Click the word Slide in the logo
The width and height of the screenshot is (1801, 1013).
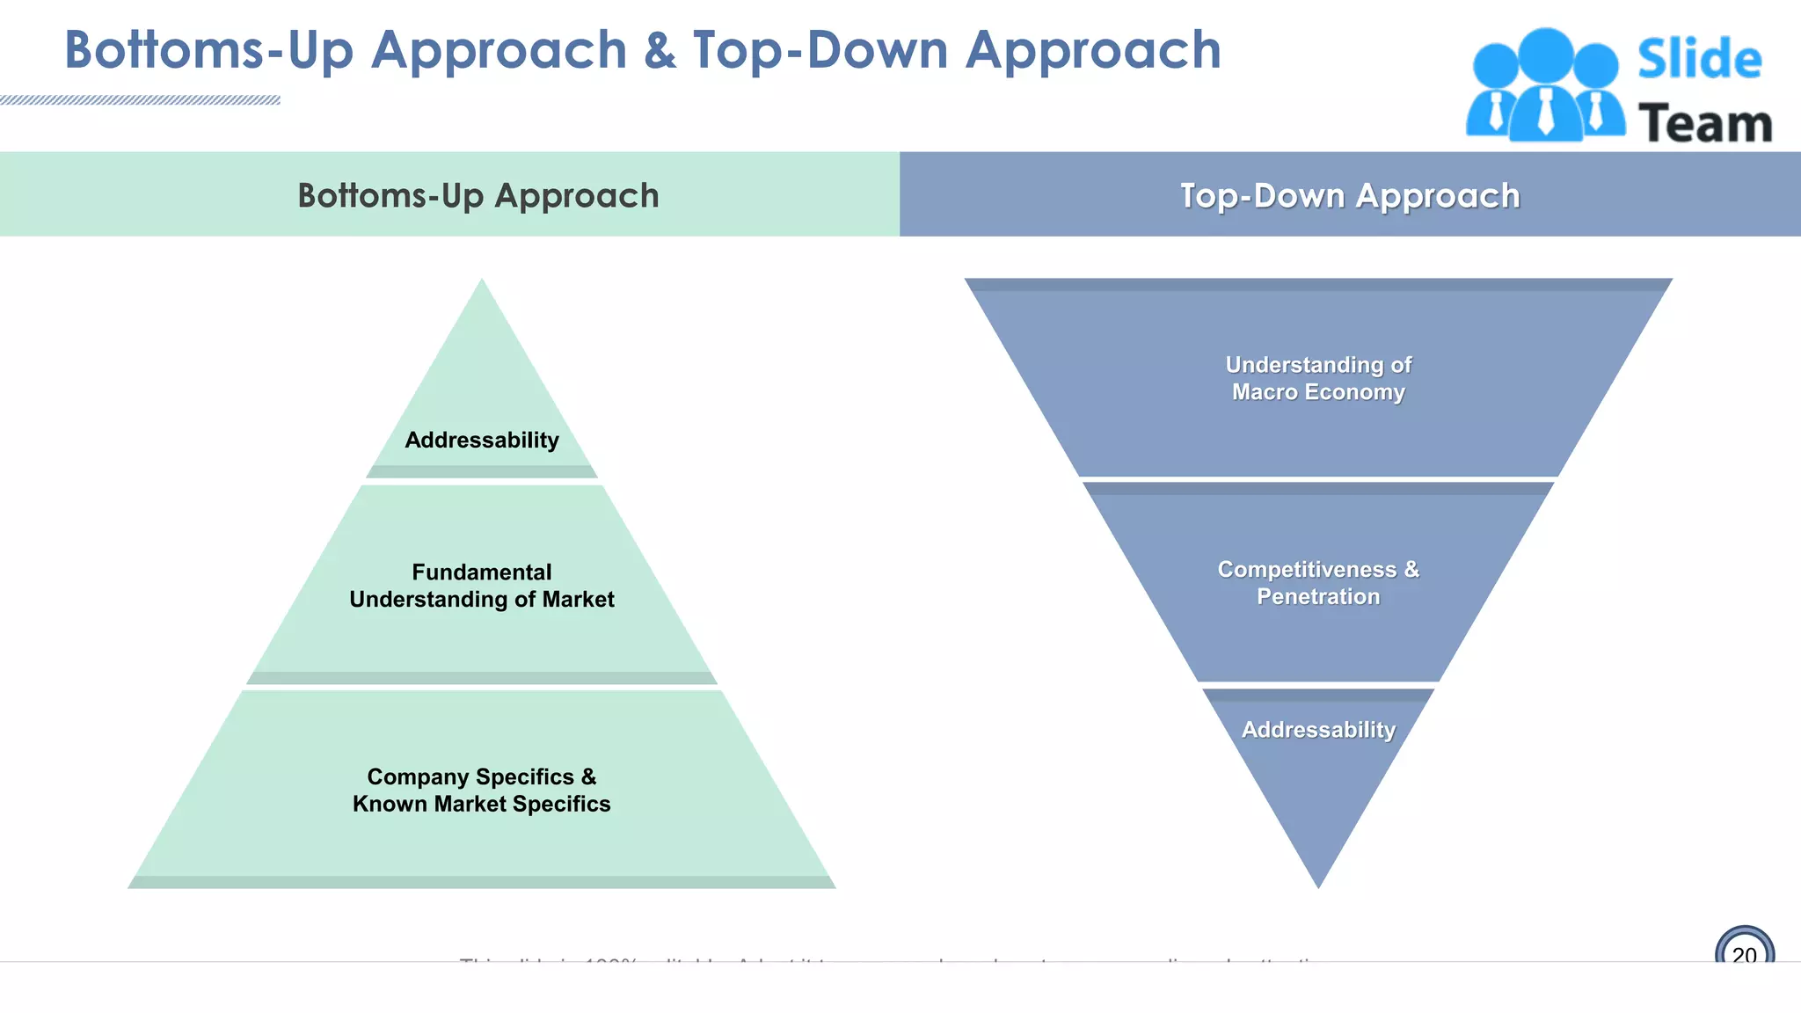point(1699,59)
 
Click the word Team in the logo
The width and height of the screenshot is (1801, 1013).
point(1704,124)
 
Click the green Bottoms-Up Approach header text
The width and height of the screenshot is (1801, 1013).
point(478,195)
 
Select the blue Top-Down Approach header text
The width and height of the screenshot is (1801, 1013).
point(1349,195)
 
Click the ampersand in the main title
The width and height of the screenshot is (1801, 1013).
point(660,51)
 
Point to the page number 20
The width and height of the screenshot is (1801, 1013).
point(1744,954)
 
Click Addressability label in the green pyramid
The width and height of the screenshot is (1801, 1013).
point(481,440)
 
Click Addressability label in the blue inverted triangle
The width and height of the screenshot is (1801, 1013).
point(1317,729)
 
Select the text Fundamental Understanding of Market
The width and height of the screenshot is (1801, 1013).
point(481,586)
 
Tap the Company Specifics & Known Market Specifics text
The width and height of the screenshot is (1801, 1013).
point(481,790)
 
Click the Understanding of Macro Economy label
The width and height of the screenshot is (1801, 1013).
point(1317,378)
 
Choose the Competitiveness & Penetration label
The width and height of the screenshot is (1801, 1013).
point(1317,582)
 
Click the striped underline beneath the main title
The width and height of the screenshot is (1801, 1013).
point(141,100)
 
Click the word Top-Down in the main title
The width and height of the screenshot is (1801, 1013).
point(820,51)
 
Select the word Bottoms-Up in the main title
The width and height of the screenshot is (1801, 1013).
point(208,51)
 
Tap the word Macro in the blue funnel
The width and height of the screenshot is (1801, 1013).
point(1264,392)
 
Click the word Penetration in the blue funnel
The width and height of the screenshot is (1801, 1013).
point(1317,596)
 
